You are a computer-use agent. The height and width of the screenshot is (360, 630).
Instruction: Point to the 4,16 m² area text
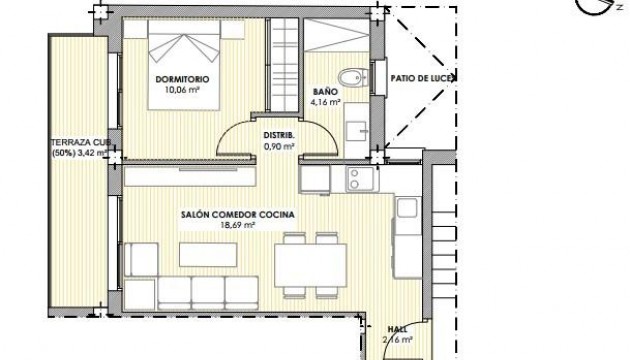pyautogui.click(x=326, y=101)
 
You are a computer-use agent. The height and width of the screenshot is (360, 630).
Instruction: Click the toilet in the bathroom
pyautogui.click(x=349, y=79)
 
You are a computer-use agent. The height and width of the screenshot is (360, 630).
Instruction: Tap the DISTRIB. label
pyautogui.click(x=278, y=135)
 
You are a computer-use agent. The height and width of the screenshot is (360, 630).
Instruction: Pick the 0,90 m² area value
pyautogui.click(x=278, y=146)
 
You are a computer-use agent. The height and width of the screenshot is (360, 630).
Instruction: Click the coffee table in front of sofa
pyautogui.click(x=206, y=251)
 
